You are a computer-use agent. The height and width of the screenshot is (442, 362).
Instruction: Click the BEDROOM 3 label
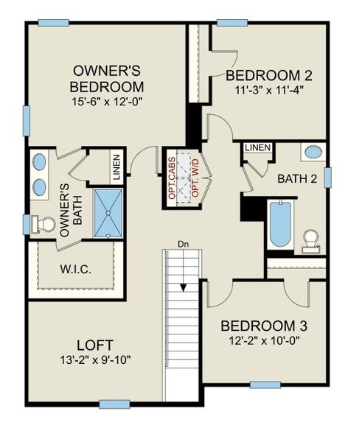[x=265, y=326]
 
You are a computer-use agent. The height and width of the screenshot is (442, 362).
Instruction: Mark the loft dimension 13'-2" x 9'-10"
[x=94, y=360]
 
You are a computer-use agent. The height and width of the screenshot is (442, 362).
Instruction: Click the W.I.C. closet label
[x=75, y=269]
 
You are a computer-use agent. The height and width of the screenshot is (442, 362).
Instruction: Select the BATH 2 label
[x=296, y=178]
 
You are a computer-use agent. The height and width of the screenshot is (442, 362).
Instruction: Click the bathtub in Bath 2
[x=280, y=224]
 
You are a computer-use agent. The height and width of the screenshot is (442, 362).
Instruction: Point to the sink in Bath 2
[x=313, y=153]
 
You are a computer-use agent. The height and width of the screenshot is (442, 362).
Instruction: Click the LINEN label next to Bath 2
[x=257, y=147]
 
